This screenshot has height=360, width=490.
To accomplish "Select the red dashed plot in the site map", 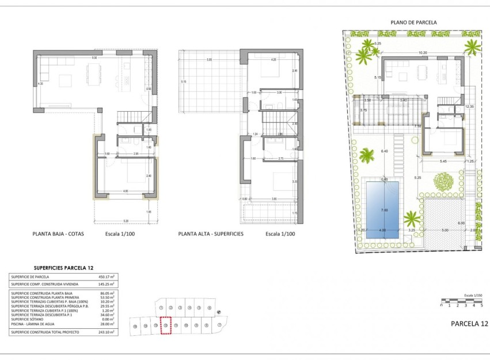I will coord(166,325).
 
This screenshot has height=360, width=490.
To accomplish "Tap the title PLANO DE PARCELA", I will coord(413,22).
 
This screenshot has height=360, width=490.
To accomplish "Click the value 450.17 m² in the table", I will coord(106,277).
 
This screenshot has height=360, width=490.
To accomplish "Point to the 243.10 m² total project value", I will coord(106,332).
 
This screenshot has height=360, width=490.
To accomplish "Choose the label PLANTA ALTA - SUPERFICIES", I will coord(211,234).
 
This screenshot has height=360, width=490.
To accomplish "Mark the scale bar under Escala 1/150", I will coord(461,301).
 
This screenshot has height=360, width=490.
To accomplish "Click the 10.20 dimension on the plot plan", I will coord(423,53).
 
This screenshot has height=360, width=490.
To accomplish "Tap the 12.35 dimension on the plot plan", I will coord(469,107).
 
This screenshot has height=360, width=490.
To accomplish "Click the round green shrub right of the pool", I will coord(443,183).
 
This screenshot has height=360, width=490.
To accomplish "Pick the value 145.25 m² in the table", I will coord(106,284).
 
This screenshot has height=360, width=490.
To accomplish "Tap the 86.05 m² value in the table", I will coord(107,294).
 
